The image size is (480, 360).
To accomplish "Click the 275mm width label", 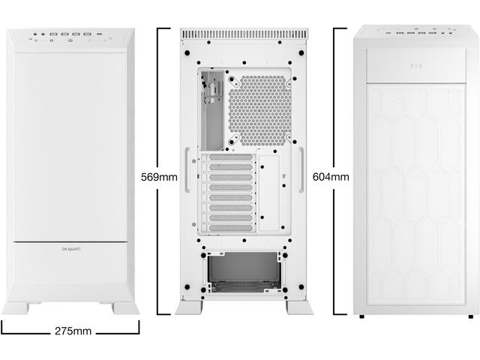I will [x=72, y=331].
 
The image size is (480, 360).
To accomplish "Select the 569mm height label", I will [x=159, y=177].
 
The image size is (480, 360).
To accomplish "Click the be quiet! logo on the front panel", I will [x=70, y=247].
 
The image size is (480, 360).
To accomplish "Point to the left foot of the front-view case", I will [x=16, y=307].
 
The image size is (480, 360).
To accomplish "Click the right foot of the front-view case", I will [x=124, y=307].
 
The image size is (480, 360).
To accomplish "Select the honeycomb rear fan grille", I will [x=259, y=110].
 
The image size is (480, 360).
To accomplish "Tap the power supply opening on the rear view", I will [x=244, y=271].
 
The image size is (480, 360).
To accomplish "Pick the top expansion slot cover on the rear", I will [x=229, y=159].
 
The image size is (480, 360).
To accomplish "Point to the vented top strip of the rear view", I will [x=244, y=34].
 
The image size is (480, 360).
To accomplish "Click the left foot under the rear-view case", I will [x=188, y=307].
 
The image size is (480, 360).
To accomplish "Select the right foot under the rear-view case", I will [x=299, y=307].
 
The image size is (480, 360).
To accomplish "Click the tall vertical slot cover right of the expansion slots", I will [x=268, y=193].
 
